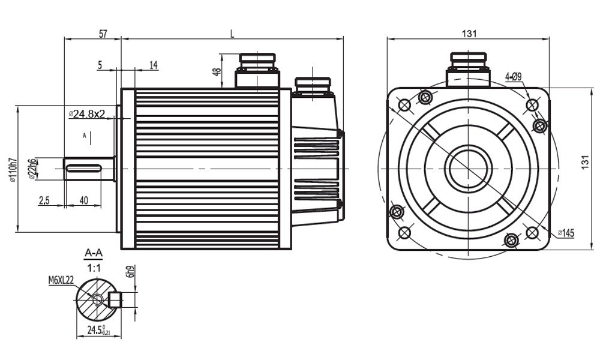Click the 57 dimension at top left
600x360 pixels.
[x=103, y=34]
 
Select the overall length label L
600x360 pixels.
[x=232, y=34]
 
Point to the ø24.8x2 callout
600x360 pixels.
[x=88, y=113]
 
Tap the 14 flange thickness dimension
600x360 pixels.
[x=154, y=65]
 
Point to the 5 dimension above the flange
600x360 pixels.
[x=100, y=65]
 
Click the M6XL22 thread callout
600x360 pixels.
[x=61, y=280]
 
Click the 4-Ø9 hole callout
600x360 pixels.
[x=514, y=76]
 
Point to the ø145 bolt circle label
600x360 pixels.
[x=566, y=232]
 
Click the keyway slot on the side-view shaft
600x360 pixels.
[x=88, y=169]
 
